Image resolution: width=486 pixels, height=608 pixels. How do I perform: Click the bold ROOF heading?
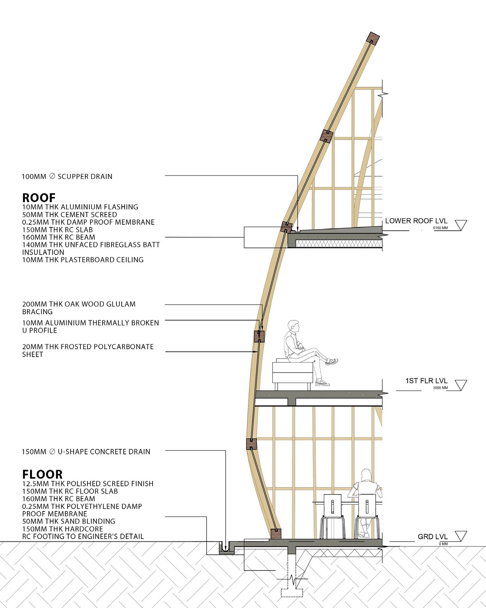(39, 198)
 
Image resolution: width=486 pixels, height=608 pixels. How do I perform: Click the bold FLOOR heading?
(42, 474)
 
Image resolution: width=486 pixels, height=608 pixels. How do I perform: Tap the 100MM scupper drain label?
(67, 176)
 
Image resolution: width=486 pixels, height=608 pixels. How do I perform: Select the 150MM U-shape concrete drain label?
(86, 452)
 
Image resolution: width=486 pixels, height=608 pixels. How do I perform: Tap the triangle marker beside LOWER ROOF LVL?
(460, 225)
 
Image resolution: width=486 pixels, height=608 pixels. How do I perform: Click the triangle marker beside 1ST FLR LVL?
(460, 385)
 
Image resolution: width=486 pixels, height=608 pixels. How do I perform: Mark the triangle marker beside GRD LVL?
(460, 536)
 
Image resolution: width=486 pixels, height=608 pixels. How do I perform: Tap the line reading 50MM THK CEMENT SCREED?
(69, 215)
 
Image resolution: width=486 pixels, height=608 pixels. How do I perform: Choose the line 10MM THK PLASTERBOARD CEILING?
(83, 260)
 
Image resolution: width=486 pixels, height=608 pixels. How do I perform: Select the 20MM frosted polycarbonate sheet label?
(88, 350)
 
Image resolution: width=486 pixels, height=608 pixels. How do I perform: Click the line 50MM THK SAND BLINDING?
(69, 521)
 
